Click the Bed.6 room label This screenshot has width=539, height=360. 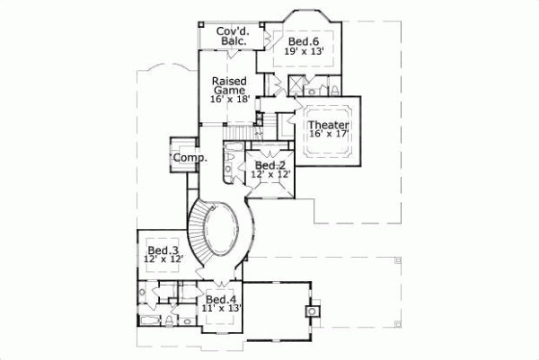tap(303, 41)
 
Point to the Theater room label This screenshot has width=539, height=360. tap(328, 125)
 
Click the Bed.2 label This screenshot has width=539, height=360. tap(269, 165)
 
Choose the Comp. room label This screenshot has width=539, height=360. tap(190, 157)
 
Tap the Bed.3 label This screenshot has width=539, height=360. tap(163, 250)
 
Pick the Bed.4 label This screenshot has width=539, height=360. tap(221, 299)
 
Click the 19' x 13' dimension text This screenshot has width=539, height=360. tap(303, 52)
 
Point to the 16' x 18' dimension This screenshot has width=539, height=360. tap(229, 100)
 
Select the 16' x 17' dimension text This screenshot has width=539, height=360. tap(328, 135)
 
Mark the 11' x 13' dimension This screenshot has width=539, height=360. tap(221, 310)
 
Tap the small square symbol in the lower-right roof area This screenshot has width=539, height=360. tap(312, 310)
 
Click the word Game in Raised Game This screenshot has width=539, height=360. tap(229, 90)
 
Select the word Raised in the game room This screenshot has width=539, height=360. tap(229, 80)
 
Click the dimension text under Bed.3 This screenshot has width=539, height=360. tap(163, 260)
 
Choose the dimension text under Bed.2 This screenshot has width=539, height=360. tap(269, 175)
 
